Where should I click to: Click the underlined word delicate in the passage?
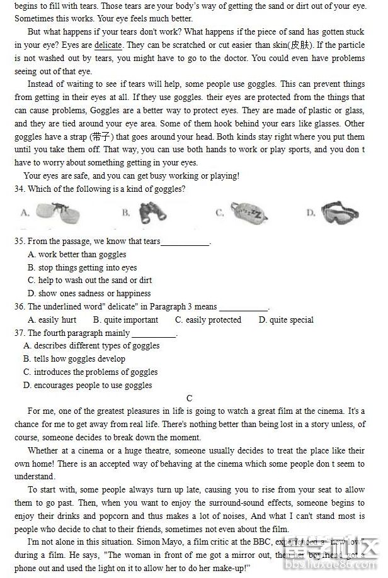[x=108, y=45]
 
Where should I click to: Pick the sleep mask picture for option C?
[x=249, y=213]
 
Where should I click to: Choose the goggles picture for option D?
[x=340, y=213]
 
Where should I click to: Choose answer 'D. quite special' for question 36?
[x=286, y=320]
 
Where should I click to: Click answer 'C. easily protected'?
[x=208, y=320]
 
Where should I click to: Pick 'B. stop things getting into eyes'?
[x=82, y=268]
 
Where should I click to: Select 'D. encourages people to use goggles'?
[x=88, y=386]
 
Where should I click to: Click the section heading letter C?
[x=190, y=398]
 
